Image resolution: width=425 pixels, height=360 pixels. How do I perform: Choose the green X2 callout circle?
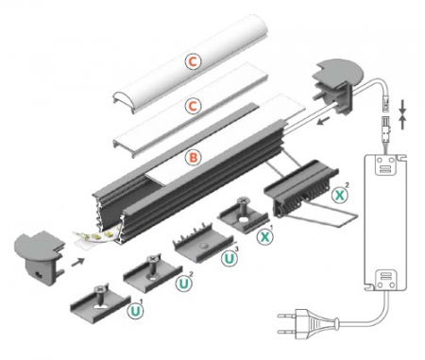[342, 197]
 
